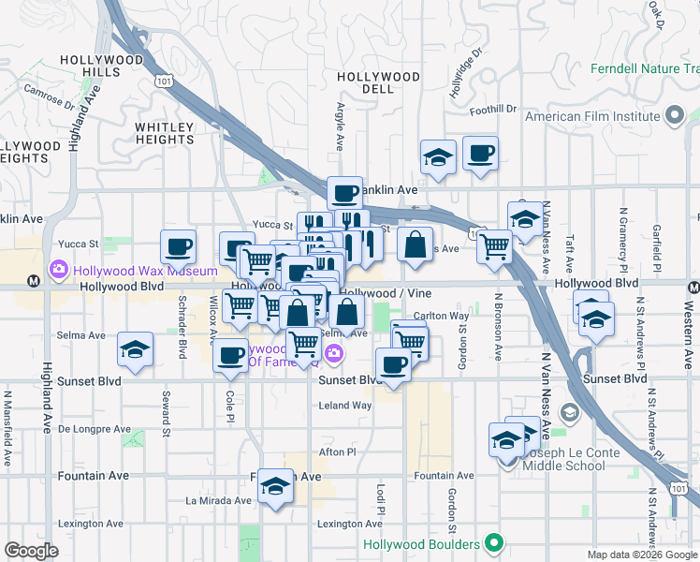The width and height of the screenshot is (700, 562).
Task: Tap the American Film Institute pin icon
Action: click(x=674, y=117)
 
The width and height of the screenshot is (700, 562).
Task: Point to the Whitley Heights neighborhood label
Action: click(x=165, y=133)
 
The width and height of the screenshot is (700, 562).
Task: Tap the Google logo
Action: click(x=31, y=551)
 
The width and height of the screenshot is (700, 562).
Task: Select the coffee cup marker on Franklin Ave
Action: click(x=344, y=194)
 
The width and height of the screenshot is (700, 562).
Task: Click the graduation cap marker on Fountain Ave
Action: click(x=275, y=486)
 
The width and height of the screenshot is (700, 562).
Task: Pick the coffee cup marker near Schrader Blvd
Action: click(x=178, y=248)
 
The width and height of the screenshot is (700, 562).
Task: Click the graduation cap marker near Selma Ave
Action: click(x=136, y=350)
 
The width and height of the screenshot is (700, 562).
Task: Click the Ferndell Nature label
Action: click(x=644, y=69)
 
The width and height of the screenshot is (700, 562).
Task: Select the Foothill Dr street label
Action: click(x=493, y=110)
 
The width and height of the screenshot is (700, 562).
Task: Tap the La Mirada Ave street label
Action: click(x=217, y=500)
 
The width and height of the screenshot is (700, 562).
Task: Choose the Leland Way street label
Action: click(x=345, y=406)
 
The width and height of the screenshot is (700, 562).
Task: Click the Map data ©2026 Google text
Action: click(x=642, y=555)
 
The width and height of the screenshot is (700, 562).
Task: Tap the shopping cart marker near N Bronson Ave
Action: click(x=494, y=247)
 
